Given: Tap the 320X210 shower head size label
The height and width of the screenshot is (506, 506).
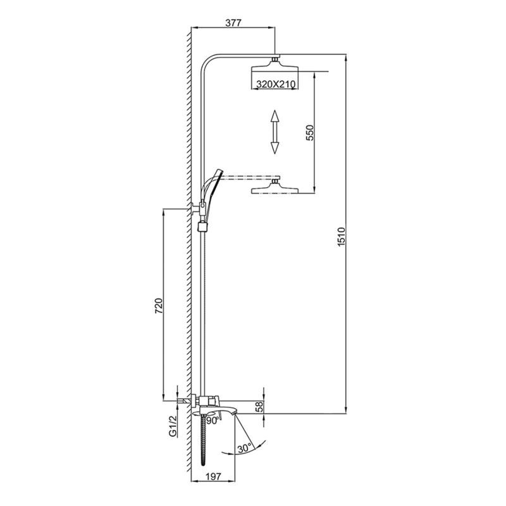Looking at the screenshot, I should [x=276, y=83].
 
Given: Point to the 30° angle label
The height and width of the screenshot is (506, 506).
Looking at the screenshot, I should [x=245, y=448].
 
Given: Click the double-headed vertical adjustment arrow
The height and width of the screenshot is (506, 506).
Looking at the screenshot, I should [x=275, y=132].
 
